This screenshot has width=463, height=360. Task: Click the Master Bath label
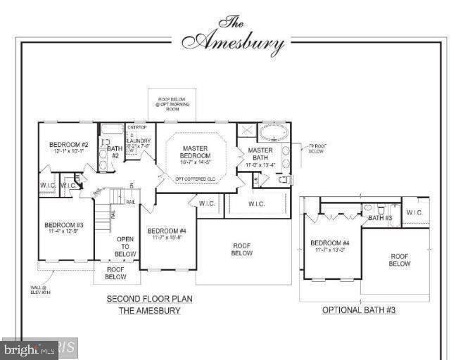(260, 155)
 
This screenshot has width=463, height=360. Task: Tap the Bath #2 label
(114, 152)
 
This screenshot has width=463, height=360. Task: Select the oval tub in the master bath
(272, 132)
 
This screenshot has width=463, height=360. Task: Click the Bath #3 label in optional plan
(381, 218)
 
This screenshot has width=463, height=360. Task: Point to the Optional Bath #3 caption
(359, 310)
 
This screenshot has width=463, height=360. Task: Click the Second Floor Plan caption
(149, 299)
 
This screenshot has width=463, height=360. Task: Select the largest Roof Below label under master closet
(242, 250)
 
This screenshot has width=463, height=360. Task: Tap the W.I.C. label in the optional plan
(414, 212)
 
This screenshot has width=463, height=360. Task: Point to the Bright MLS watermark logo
(30, 348)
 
